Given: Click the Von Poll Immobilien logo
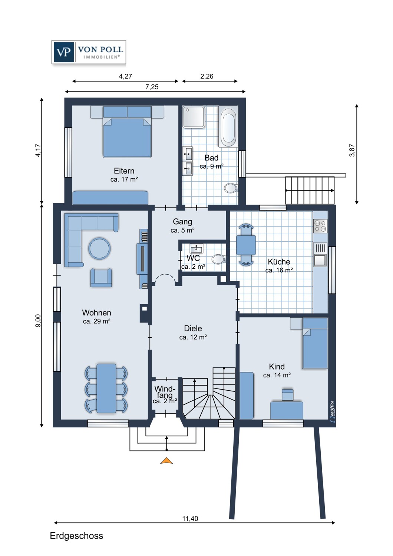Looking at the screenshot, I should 89,52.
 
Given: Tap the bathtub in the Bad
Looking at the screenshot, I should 228,127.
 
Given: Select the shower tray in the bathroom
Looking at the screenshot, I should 194,117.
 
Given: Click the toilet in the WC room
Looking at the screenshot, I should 218,259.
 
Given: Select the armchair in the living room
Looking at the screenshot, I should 101,278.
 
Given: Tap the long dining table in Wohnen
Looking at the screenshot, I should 106,388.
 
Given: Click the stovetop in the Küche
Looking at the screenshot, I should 320,226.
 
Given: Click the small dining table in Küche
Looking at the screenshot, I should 246,245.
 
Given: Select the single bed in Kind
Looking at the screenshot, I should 315,344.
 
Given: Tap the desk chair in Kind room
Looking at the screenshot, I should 287,394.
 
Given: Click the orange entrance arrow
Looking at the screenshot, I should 166,461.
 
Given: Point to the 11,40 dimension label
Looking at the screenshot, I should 190,519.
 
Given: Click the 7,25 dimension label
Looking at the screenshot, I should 152,87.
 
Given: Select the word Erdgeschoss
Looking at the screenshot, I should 76,536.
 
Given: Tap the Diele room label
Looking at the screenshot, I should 193,328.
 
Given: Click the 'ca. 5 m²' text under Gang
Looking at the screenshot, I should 182,231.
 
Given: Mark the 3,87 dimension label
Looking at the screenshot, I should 352,150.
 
